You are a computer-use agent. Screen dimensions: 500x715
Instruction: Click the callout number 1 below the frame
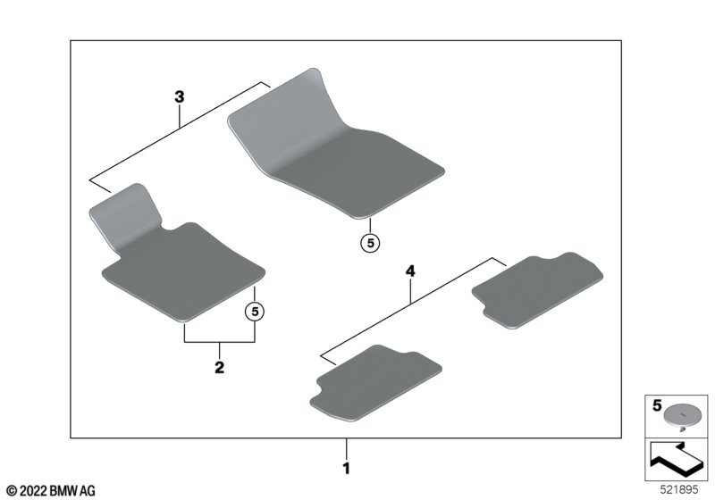click(x=347, y=467)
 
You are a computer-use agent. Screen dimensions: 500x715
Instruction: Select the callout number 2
click(x=219, y=367)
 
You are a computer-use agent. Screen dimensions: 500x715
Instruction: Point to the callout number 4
click(x=410, y=269)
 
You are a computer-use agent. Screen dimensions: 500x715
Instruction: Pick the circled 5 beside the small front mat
click(x=256, y=311)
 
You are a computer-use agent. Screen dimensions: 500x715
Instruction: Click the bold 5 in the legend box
click(x=656, y=405)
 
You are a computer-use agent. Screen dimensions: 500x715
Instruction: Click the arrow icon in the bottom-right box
click(x=677, y=458)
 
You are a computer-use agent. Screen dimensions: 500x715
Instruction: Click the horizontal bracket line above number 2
click(x=220, y=343)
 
